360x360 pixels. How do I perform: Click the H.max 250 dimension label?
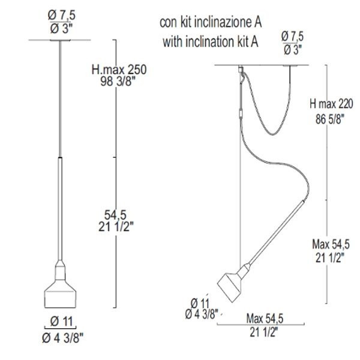(119, 70)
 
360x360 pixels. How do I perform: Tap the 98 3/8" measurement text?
(116, 81)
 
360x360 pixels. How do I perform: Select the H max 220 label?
(331, 104)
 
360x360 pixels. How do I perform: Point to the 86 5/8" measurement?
(330, 119)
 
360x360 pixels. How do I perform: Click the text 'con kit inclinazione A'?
(211, 23)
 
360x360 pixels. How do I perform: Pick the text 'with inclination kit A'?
(211, 42)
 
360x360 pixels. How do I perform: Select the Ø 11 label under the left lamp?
(61, 321)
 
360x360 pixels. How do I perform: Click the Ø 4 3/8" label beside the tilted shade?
(202, 314)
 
